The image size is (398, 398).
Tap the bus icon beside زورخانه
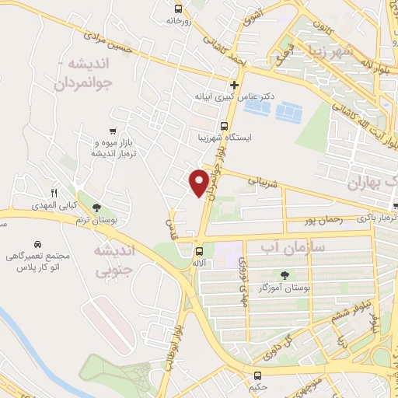[x=179, y=9]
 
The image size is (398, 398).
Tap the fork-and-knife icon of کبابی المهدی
[x=54, y=192]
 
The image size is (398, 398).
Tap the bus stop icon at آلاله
[x=200, y=251]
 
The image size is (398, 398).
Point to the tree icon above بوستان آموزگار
[x=284, y=274]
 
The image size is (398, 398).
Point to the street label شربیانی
[x=263, y=181]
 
